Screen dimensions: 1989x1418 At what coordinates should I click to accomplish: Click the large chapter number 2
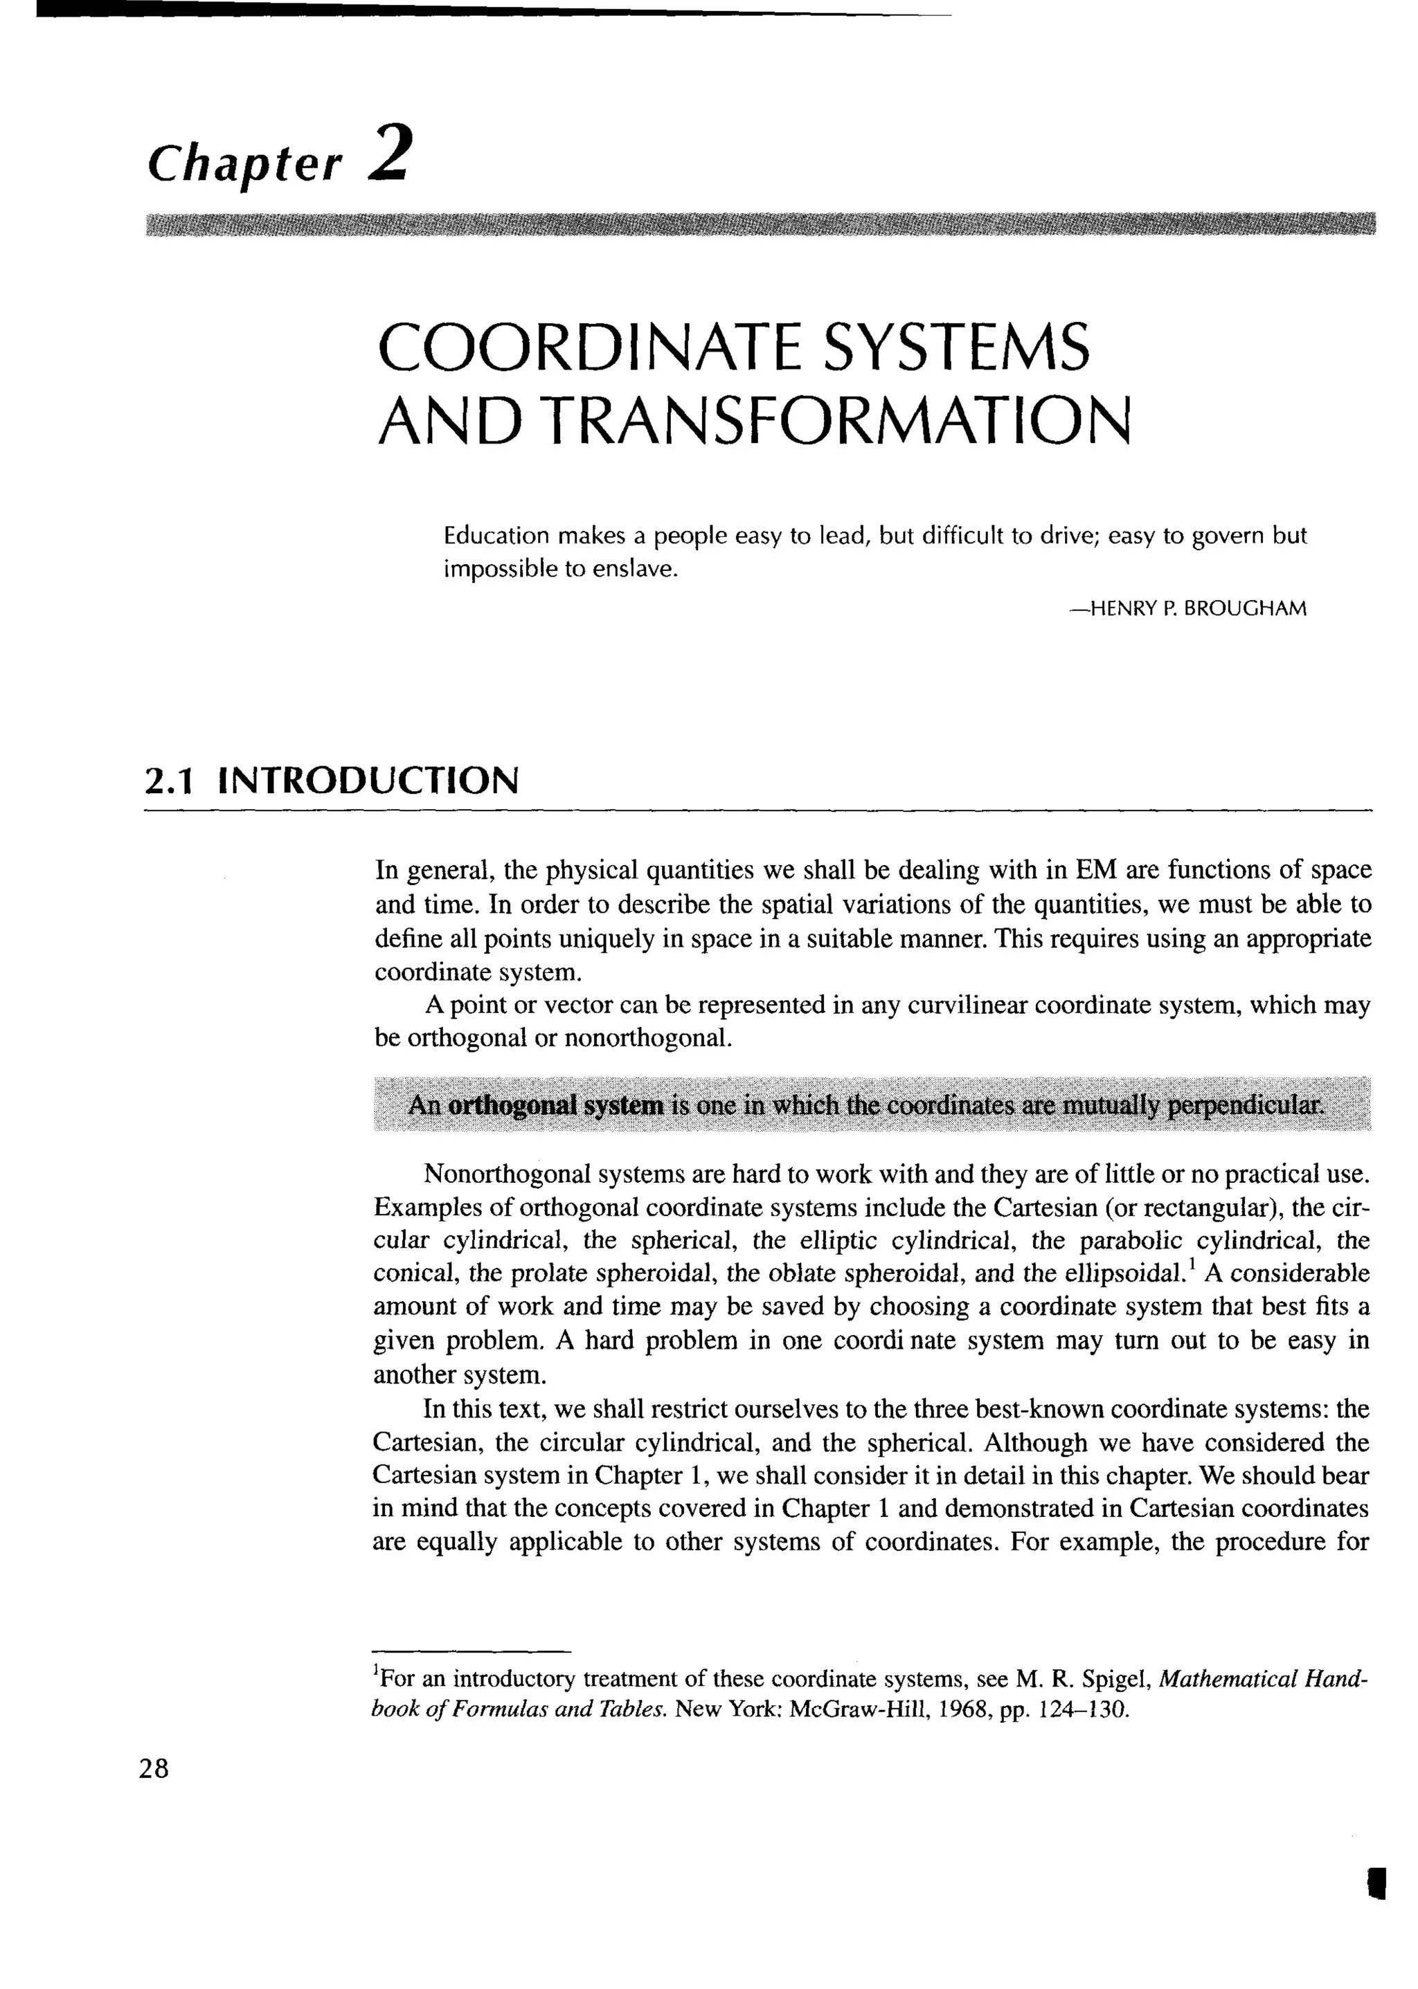pos(388,153)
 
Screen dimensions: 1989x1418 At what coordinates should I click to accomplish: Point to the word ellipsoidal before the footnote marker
pos(1122,1274)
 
